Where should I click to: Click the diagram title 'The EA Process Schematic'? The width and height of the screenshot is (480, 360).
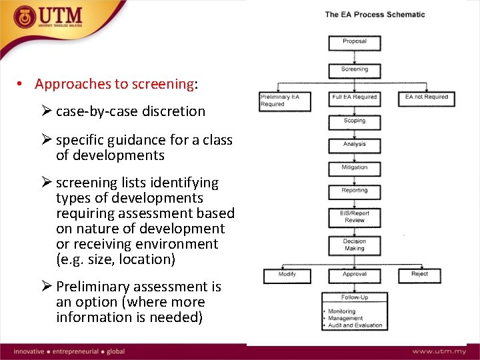click(x=374, y=15)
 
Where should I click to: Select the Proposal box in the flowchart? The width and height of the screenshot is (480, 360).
click(x=354, y=43)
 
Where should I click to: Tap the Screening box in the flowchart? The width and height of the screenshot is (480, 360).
click(x=354, y=70)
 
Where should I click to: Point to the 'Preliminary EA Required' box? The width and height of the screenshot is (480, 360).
click(x=280, y=100)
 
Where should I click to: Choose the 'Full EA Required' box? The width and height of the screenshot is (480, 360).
click(x=354, y=98)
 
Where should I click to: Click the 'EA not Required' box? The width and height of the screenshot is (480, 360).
click(x=426, y=98)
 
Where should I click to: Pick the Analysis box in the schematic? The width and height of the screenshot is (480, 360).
click(x=354, y=144)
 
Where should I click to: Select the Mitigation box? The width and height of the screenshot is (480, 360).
click(x=354, y=167)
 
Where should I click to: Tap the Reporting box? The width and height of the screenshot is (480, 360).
click(x=354, y=191)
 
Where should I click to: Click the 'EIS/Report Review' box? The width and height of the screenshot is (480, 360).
click(x=354, y=217)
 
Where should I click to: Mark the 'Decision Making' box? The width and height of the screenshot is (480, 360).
click(x=354, y=245)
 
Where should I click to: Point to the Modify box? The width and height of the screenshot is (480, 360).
click(x=287, y=275)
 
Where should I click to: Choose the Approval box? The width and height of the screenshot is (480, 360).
click(x=354, y=275)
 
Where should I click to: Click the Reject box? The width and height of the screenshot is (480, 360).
click(x=420, y=275)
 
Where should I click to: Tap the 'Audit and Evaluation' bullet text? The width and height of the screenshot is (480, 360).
click(x=356, y=326)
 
